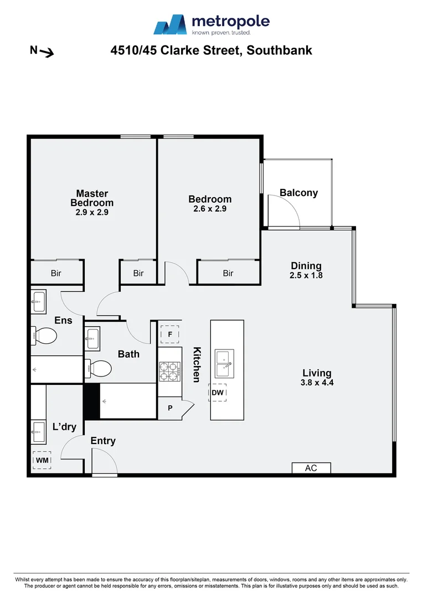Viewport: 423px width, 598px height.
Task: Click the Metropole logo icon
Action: (x=171, y=25)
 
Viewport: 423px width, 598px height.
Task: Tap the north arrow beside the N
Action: (x=47, y=53)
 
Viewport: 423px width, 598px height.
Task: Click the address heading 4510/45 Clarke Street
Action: (x=211, y=50)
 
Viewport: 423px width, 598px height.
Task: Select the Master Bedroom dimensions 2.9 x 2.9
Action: (x=92, y=212)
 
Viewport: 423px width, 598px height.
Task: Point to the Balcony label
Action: (x=298, y=193)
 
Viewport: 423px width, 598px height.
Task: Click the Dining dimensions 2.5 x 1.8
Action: (x=306, y=275)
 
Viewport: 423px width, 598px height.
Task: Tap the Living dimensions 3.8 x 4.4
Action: (x=317, y=382)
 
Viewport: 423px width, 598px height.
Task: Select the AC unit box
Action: (x=311, y=468)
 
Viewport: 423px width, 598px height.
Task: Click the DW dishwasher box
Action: (x=218, y=393)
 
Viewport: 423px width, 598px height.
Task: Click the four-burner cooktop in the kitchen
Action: (x=170, y=372)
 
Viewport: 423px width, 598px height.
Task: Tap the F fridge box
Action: (x=170, y=334)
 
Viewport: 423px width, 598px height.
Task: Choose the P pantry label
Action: (x=170, y=409)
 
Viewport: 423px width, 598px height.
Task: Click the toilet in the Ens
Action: (x=45, y=336)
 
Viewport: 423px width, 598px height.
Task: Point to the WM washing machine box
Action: (x=42, y=460)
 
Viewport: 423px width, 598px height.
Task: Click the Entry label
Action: (x=103, y=441)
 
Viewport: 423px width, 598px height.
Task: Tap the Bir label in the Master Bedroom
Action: (x=56, y=273)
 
